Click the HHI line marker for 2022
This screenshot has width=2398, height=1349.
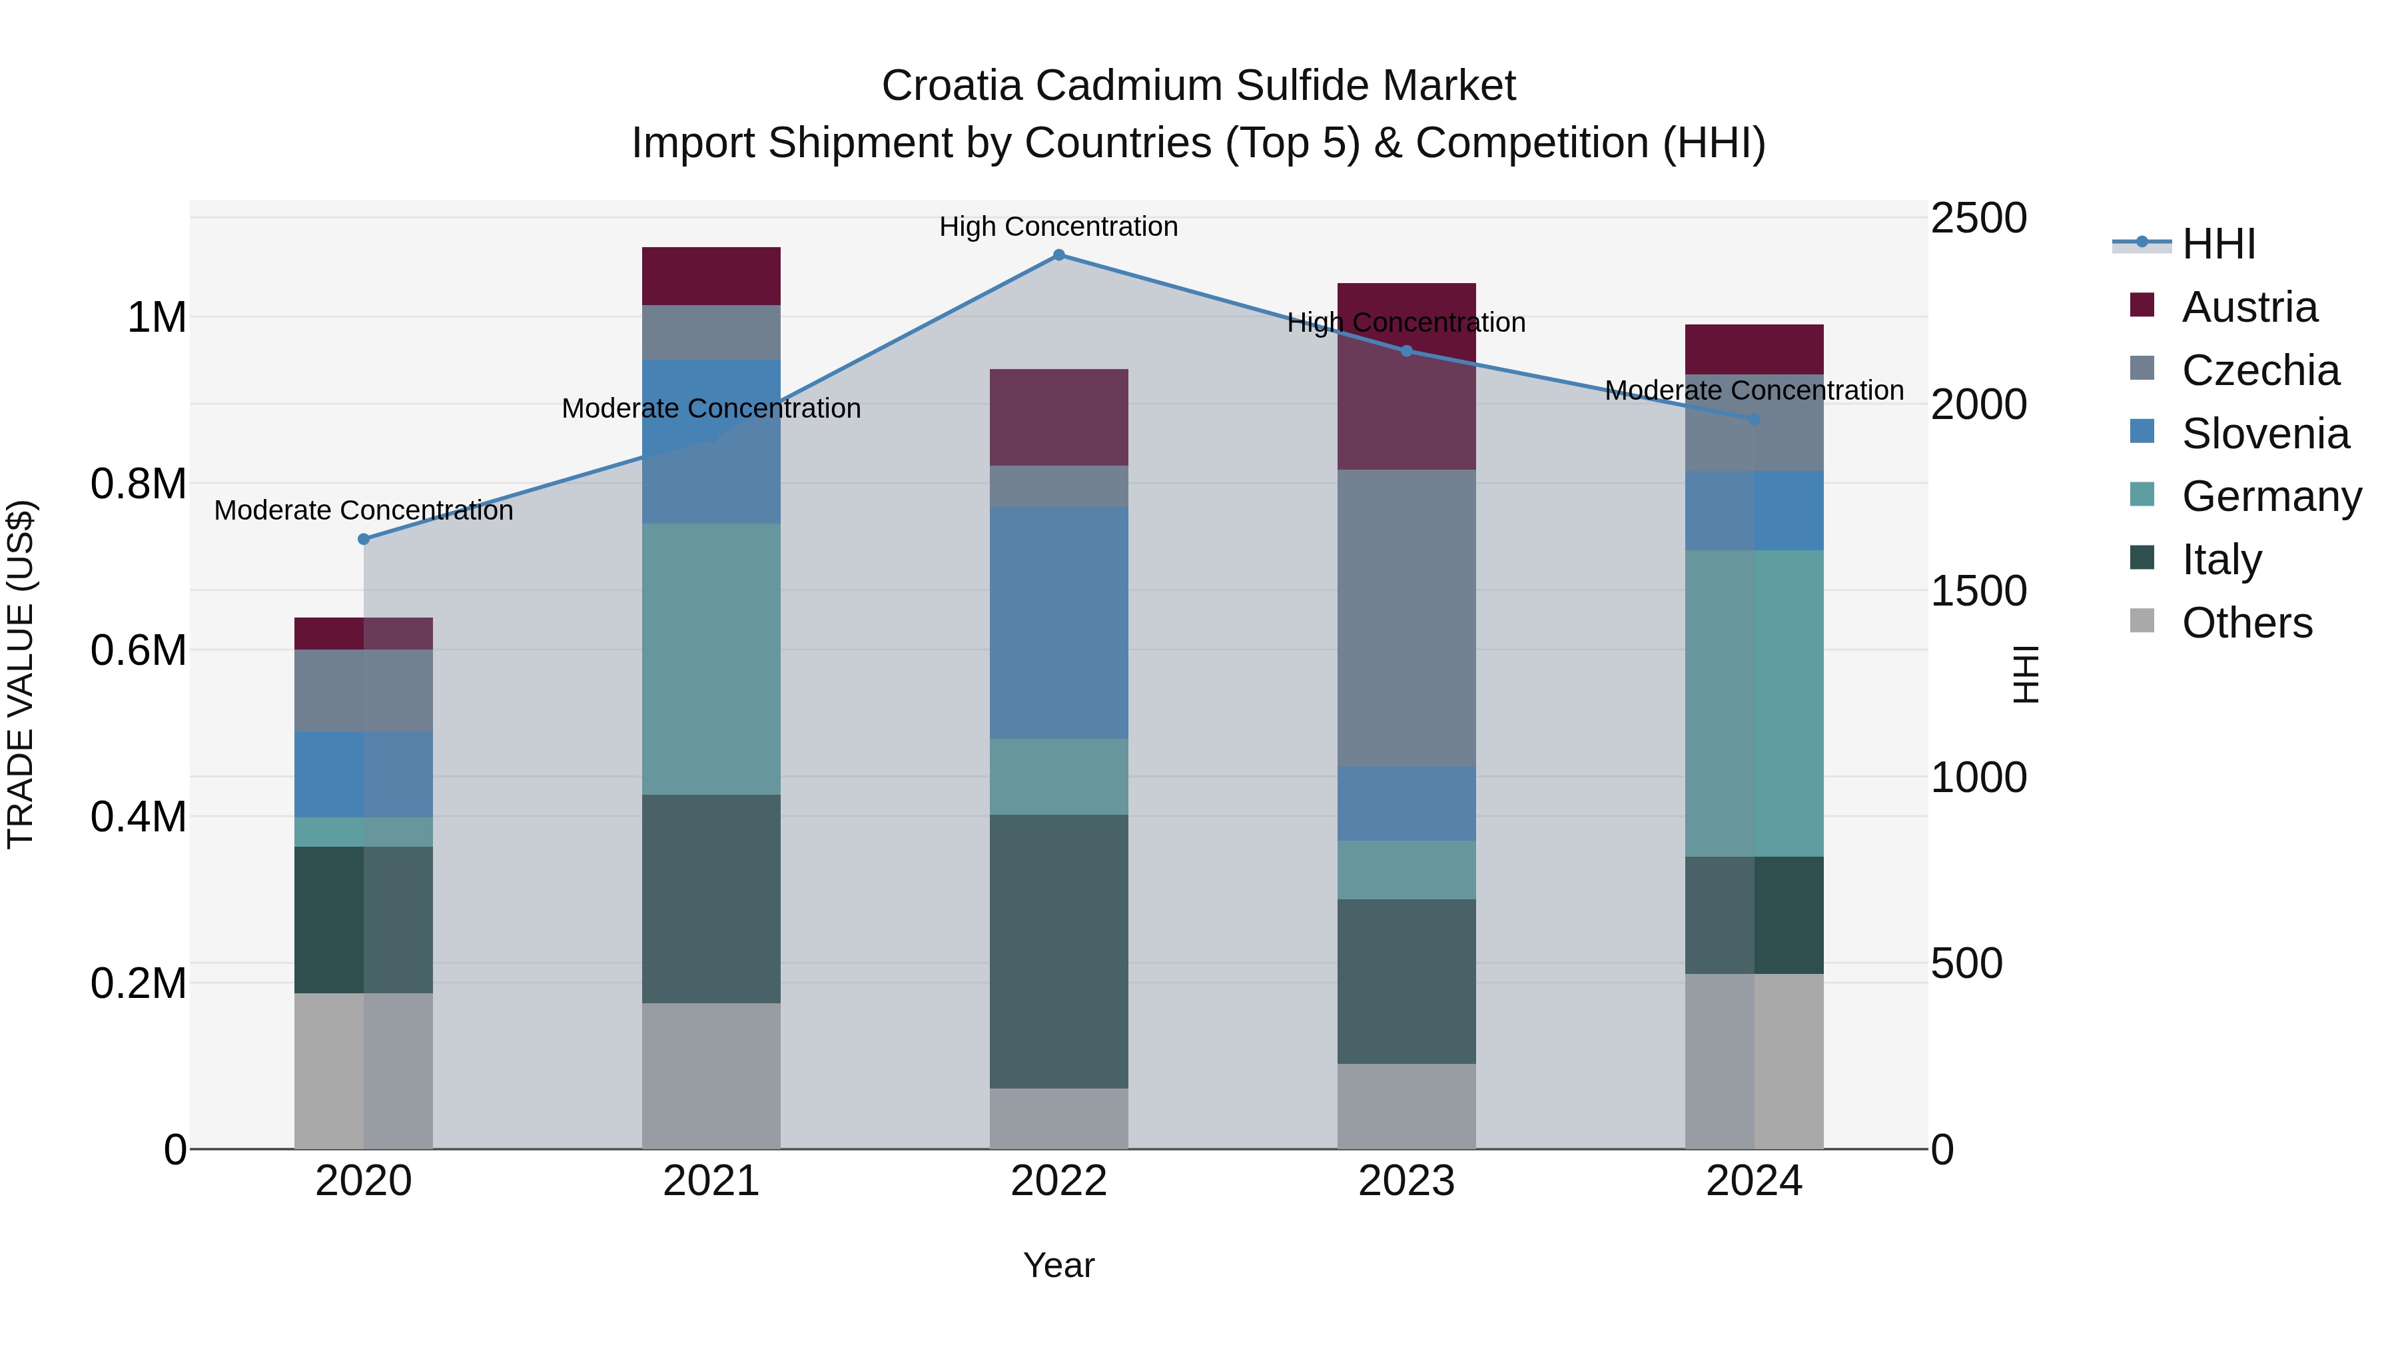click(x=1058, y=255)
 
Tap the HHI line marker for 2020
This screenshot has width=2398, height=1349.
click(x=364, y=539)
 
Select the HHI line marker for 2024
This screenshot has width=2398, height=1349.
click(x=1754, y=420)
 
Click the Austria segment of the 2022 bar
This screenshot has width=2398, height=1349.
click(x=1058, y=417)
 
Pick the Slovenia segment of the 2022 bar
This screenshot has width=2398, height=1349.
click(x=1058, y=623)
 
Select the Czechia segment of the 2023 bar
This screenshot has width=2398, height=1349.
click(x=1405, y=618)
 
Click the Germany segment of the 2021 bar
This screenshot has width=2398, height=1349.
click(x=711, y=659)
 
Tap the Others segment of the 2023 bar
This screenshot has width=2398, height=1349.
click(x=1405, y=1106)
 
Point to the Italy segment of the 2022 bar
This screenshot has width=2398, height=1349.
click(x=1058, y=951)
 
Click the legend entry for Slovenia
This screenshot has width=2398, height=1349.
click(x=2265, y=434)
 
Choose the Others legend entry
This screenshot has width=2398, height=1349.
click(x=2246, y=623)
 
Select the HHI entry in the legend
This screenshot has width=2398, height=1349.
click(x=2218, y=244)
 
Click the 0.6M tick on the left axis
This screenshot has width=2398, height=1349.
click(x=139, y=651)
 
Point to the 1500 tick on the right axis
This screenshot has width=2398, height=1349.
click(x=1978, y=591)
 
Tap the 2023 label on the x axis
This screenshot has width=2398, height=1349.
click(x=1405, y=1181)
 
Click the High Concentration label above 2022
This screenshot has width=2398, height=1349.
click(x=1058, y=226)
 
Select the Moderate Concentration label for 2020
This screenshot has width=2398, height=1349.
click(x=364, y=510)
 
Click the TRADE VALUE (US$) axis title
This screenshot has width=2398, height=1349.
click(x=21, y=674)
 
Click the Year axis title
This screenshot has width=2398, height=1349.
click(x=1058, y=1265)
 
